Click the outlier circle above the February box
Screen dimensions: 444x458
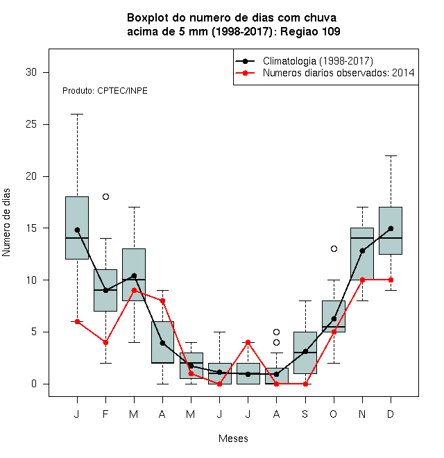click(105, 197)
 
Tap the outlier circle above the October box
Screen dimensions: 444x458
click(334, 249)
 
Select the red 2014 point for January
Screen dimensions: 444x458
click(78, 321)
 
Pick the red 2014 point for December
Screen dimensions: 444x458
click(391, 280)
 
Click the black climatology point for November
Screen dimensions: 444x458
click(363, 251)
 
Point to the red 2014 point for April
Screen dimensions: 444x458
click(163, 301)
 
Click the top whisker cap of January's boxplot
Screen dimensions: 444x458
click(78, 114)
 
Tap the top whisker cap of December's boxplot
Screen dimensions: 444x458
click(391, 156)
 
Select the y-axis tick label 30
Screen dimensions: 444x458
click(31, 72)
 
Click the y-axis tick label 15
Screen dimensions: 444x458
click(31, 228)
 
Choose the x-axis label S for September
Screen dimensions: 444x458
click(305, 414)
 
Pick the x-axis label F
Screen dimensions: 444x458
click(105, 414)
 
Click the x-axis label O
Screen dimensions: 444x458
click(334, 414)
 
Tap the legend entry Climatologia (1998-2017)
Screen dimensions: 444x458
click(318, 61)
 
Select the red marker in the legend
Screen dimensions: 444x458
click(245, 73)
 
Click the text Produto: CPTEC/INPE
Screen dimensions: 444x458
click(105, 91)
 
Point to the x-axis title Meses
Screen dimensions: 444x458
click(233, 439)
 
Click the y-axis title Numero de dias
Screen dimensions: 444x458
click(6, 223)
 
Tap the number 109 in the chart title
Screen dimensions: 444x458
click(330, 31)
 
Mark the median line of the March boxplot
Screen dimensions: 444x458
click(134, 280)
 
